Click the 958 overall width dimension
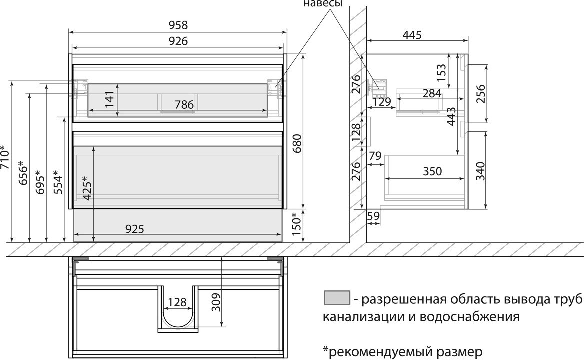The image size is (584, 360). coord(178,25)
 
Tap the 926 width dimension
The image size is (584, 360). coord(178,41)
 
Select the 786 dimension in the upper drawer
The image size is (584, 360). coord(184,105)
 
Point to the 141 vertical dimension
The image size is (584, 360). coord(110,99)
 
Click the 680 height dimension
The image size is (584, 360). coord(297,143)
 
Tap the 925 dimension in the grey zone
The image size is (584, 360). coord(134,229)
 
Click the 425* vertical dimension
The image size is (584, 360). coord(87,188)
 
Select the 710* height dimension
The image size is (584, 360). coord(5,157)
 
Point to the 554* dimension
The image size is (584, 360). coord(58,182)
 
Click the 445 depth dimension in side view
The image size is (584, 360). coord(412,35)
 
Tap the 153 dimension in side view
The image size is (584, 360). coord(441,73)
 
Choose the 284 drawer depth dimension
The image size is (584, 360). coord(432,94)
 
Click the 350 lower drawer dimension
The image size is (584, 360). coord(432,171)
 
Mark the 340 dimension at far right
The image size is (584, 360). coord(481,171)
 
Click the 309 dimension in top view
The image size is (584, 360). coord(216,302)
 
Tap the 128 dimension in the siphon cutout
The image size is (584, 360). coord(177,302)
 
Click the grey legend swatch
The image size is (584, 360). coord(337,298)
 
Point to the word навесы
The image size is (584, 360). coord(323,3)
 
